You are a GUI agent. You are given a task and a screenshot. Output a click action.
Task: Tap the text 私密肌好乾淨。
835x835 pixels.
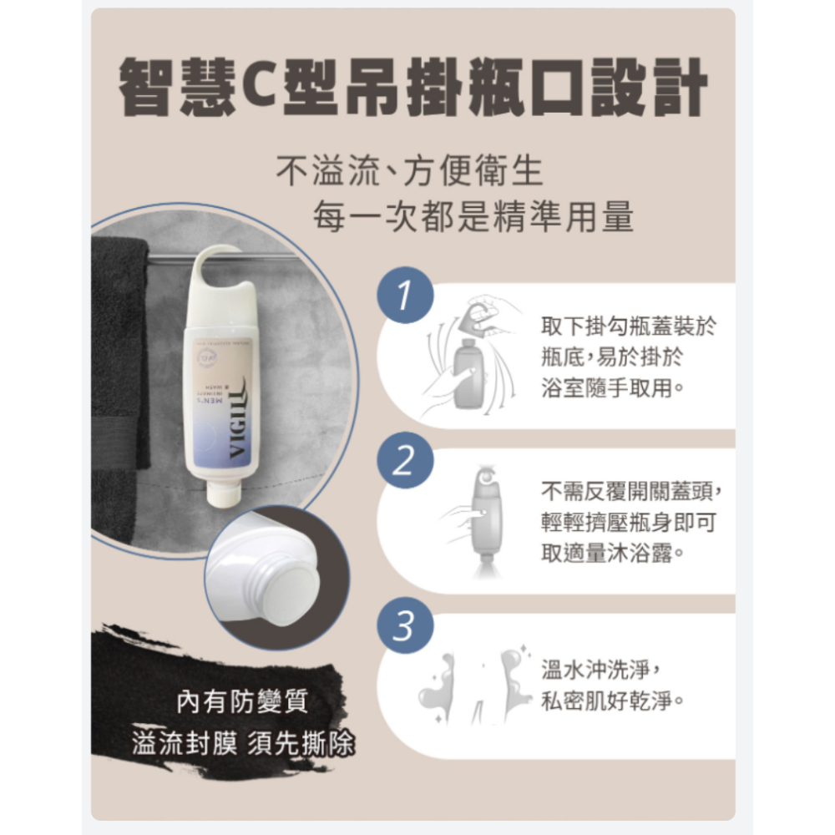[615, 698]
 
